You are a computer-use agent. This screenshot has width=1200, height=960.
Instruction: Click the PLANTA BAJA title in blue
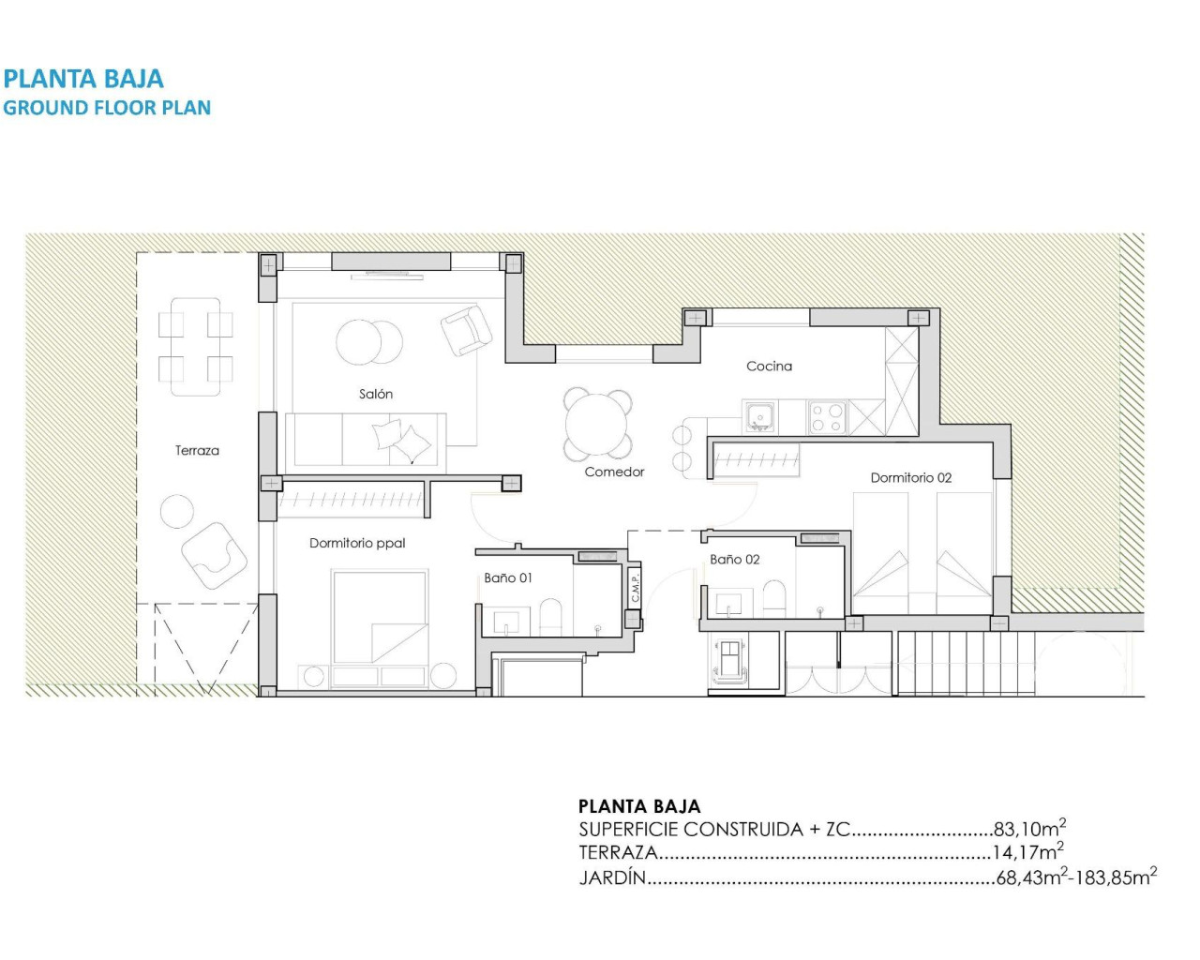coord(83,79)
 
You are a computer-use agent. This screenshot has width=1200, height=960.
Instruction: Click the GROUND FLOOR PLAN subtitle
coord(107,108)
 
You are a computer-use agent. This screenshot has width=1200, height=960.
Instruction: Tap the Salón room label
coord(375,394)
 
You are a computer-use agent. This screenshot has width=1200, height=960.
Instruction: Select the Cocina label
coord(769,367)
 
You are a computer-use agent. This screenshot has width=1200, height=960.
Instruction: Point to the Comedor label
coord(614,472)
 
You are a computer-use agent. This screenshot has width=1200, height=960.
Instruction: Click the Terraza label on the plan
coord(197,451)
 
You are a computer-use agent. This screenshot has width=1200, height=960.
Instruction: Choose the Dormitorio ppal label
coord(357,543)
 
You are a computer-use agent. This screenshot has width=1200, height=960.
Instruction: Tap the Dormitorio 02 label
coord(910,478)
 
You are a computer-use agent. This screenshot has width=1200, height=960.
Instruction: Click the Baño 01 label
coord(508,577)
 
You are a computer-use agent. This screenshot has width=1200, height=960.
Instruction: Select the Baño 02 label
coord(734,560)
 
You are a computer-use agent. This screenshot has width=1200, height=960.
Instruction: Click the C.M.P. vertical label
coord(635,589)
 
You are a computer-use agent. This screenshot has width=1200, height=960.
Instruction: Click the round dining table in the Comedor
coord(596,424)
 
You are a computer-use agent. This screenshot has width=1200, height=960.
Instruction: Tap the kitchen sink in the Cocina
coord(759,415)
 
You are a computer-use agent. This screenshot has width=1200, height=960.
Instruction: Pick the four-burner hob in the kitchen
coord(827,417)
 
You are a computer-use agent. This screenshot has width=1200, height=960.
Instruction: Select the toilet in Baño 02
coord(774,598)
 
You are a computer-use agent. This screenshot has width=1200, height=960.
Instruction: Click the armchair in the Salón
coord(466,331)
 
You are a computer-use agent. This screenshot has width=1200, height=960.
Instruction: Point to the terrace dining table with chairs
coord(195,346)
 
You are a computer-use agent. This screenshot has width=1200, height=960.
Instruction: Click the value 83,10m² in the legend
coord(1028,829)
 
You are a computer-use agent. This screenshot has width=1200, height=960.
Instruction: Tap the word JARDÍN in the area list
coord(612,878)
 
